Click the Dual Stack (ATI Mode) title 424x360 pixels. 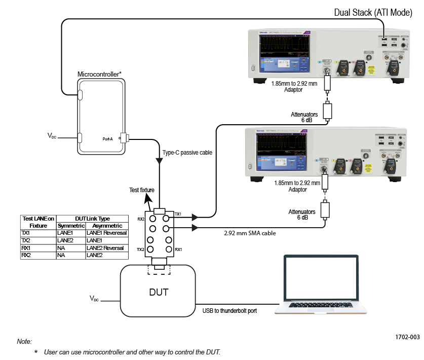click(373, 13)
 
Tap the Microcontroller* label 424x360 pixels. click(99, 74)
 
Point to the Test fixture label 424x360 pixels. click(142, 190)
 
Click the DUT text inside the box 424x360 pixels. click(158, 292)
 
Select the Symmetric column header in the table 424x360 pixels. click(70, 226)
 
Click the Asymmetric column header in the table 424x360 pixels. click(106, 226)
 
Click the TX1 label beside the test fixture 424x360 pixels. click(178, 214)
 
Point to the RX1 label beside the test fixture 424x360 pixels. click(178, 249)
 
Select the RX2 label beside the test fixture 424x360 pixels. click(141, 220)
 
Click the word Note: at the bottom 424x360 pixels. click(24, 342)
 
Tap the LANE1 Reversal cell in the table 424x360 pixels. click(106, 233)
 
